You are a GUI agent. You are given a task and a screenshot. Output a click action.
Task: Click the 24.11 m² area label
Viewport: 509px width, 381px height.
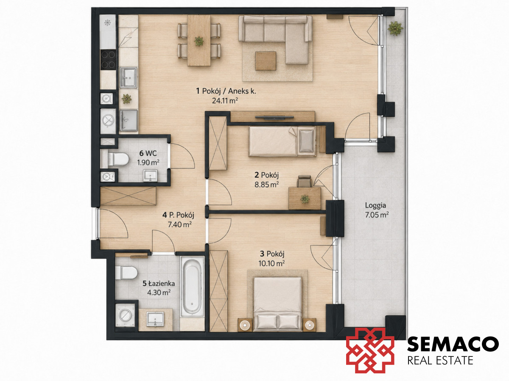(225, 101)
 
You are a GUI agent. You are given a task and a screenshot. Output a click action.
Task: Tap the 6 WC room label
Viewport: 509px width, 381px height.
(148, 153)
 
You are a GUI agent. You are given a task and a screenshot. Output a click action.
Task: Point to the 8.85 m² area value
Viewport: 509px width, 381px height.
(266, 185)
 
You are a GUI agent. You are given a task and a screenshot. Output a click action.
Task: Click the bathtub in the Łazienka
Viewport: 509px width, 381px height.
(192, 287)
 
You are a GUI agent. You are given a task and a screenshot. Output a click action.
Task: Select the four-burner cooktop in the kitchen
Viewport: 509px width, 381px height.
(108, 59)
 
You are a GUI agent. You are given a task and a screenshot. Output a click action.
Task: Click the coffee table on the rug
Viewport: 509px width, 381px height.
(266, 61)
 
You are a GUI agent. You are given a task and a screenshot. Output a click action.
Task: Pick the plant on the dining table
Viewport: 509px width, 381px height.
(199, 41)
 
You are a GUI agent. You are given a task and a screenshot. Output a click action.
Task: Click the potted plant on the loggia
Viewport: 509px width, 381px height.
(395, 28)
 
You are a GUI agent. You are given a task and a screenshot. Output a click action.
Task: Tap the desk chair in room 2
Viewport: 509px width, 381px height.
(304, 181)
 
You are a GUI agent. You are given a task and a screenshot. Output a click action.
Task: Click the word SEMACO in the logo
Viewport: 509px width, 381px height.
(453, 345)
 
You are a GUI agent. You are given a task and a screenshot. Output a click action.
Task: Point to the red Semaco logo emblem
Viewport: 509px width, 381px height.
(370, 350)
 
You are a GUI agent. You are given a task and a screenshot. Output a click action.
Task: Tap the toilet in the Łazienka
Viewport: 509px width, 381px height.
(126, 273)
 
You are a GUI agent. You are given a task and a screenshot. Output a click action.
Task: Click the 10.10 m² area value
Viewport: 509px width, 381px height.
(271, 263)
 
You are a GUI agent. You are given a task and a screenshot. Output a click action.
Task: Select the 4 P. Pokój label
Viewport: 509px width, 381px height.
(178, 215)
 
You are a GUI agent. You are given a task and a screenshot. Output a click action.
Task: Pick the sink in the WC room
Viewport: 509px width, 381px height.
(150, 176)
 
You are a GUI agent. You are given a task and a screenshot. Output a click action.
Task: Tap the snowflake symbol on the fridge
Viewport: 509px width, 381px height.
(107, 22)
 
